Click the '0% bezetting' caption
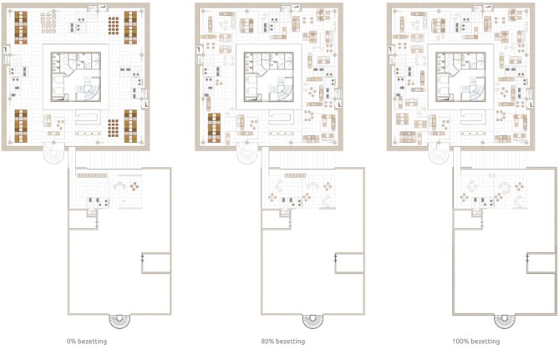click(x=87, y=341)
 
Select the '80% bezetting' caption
click(x=282, y=341)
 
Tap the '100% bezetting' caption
click(x=476, y=341)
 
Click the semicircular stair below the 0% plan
click(x=119, y=321)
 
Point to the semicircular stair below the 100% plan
click(x=505, y=321)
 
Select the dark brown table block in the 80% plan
click(x=214, y=128)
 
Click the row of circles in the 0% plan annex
click(x=92, y=175)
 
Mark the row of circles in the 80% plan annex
click(x=295, y=175)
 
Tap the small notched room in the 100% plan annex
click(x=541, y=263)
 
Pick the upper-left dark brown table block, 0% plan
click(x=21, y=28)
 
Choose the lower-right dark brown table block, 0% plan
click(x=130, y=126)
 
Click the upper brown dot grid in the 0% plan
click(x=114, y=26)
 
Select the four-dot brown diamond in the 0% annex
click(x=135, y=186)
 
